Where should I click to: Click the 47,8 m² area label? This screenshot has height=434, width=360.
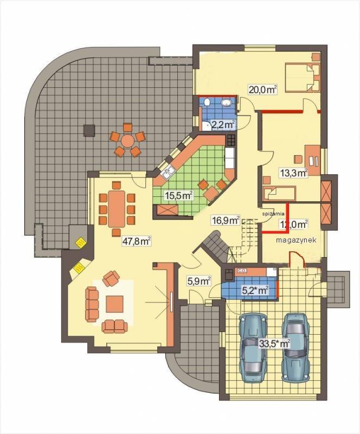coord(137,241)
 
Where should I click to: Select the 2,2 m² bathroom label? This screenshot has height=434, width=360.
coord(223,125)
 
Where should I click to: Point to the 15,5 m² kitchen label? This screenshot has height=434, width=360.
coord(178,195)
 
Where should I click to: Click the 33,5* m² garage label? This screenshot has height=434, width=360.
coord(274,343)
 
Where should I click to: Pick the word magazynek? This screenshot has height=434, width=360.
coord(296,240)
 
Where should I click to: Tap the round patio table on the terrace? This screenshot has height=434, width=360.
coord(128,141)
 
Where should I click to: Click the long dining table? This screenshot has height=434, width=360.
coord(117,208)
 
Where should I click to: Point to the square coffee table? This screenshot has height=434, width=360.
coord(114,304)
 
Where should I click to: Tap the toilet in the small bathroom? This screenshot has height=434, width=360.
coord(207,103)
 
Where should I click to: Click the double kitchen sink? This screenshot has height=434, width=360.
coord(168,173)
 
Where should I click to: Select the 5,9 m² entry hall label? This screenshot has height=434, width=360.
coord(199,281)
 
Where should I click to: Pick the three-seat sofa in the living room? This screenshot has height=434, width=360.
coord(92,304)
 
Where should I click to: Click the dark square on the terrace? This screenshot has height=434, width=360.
coord(89,130)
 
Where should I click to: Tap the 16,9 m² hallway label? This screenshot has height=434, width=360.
coord(225,220)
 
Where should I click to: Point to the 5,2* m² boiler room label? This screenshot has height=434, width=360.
coord(255,290)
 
